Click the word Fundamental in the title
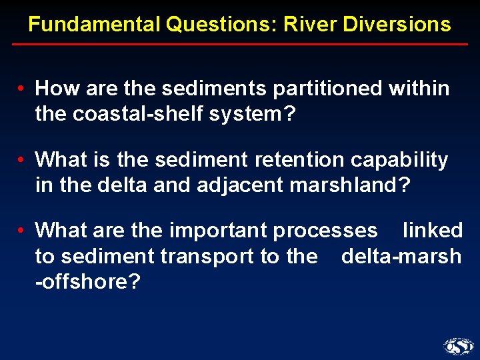94,25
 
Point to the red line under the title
240,45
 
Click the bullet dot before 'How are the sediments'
22,89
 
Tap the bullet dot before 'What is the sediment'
22,160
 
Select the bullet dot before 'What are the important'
22,231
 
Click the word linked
433,231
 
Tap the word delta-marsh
401,256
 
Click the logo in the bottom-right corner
458,345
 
